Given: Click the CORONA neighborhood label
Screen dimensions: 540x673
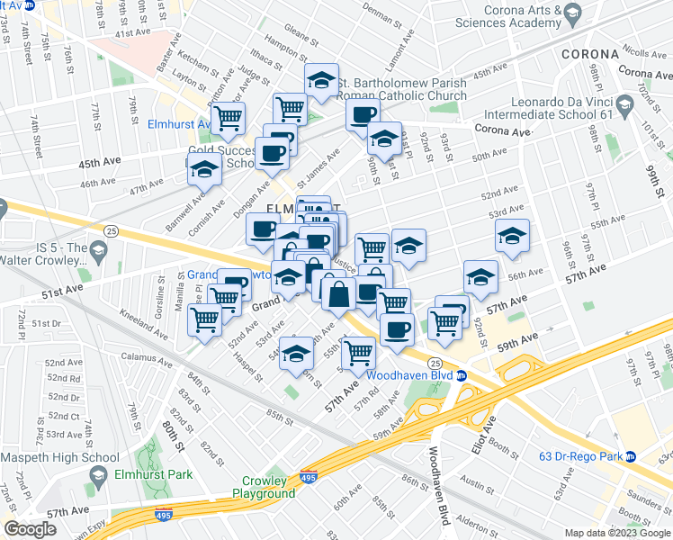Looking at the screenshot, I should click(589, 54).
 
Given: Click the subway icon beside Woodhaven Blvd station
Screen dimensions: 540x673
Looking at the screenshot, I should click(461, 375).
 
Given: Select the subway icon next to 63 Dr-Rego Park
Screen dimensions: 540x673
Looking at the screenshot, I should click(630, 457).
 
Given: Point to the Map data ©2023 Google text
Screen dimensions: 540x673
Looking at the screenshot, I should click(615, 532).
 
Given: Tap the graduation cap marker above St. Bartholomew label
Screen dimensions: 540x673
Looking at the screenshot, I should click(321, 81).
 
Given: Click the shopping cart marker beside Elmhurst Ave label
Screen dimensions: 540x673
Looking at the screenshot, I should click(229, 116).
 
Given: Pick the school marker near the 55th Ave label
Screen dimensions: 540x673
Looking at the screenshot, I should click(512, 236).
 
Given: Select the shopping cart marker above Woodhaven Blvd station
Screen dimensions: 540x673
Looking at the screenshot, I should click(359, 351).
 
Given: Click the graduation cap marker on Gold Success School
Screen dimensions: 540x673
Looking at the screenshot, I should click(204, 168).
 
